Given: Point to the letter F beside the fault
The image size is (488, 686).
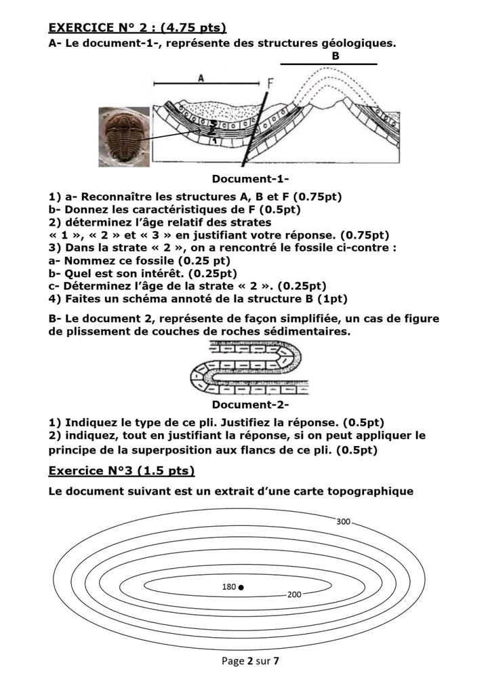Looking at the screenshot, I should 270,85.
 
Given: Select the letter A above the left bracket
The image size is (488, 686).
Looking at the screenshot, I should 201,78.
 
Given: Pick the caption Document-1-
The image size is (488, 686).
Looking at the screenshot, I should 250,180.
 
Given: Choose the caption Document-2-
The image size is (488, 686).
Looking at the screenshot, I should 250,405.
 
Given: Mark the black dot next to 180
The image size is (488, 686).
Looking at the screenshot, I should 241,586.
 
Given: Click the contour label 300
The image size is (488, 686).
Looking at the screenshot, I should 344,521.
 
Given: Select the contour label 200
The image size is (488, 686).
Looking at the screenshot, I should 293,594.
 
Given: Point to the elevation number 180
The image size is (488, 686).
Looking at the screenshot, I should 229,586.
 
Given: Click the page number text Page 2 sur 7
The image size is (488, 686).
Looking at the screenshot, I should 250,661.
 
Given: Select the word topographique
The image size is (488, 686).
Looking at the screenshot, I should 369,491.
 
